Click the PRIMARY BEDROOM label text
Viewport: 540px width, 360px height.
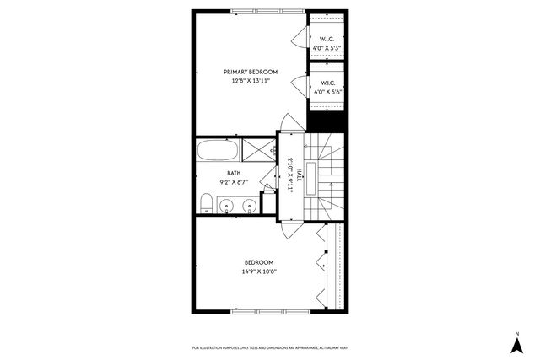click(x=251, y=72)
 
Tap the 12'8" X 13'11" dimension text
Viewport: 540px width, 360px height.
click(x=251, y=82)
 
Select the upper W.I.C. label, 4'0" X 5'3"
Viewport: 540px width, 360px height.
click(x=327, y=43)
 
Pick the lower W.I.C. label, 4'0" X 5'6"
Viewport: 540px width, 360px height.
click(x=327, y=88)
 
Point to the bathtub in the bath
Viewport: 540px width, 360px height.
click(x=218, y=151)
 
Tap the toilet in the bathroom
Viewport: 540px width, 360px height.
click(x=205, y=201)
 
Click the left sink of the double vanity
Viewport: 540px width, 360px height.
click(x=224, y=205)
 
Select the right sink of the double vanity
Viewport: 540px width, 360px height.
click(x=248, y=205)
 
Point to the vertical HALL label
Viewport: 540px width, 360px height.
click(x=290, y=175)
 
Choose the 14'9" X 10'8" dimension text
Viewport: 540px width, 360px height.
click(x=259, y=271)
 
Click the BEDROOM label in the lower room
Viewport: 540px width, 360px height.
click(x=259, y=262)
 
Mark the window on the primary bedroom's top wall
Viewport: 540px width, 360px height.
click(x=257, y=11)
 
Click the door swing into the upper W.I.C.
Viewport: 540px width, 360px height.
click(x=298, y=38)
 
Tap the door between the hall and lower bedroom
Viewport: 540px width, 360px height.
click(x=289, y=224)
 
